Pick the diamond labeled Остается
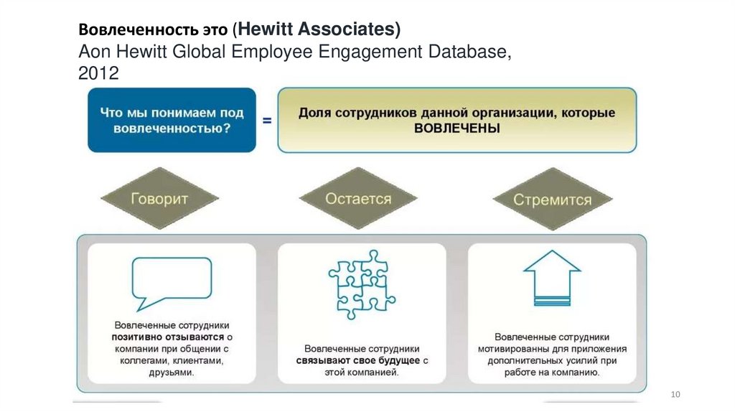tap(358, 198)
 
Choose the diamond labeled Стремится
tap(552, 200)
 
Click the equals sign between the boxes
tap(267, 121)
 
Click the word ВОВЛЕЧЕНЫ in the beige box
tap(457, 128)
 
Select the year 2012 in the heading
tap(98, 73)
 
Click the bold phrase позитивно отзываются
tap(168, 337)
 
